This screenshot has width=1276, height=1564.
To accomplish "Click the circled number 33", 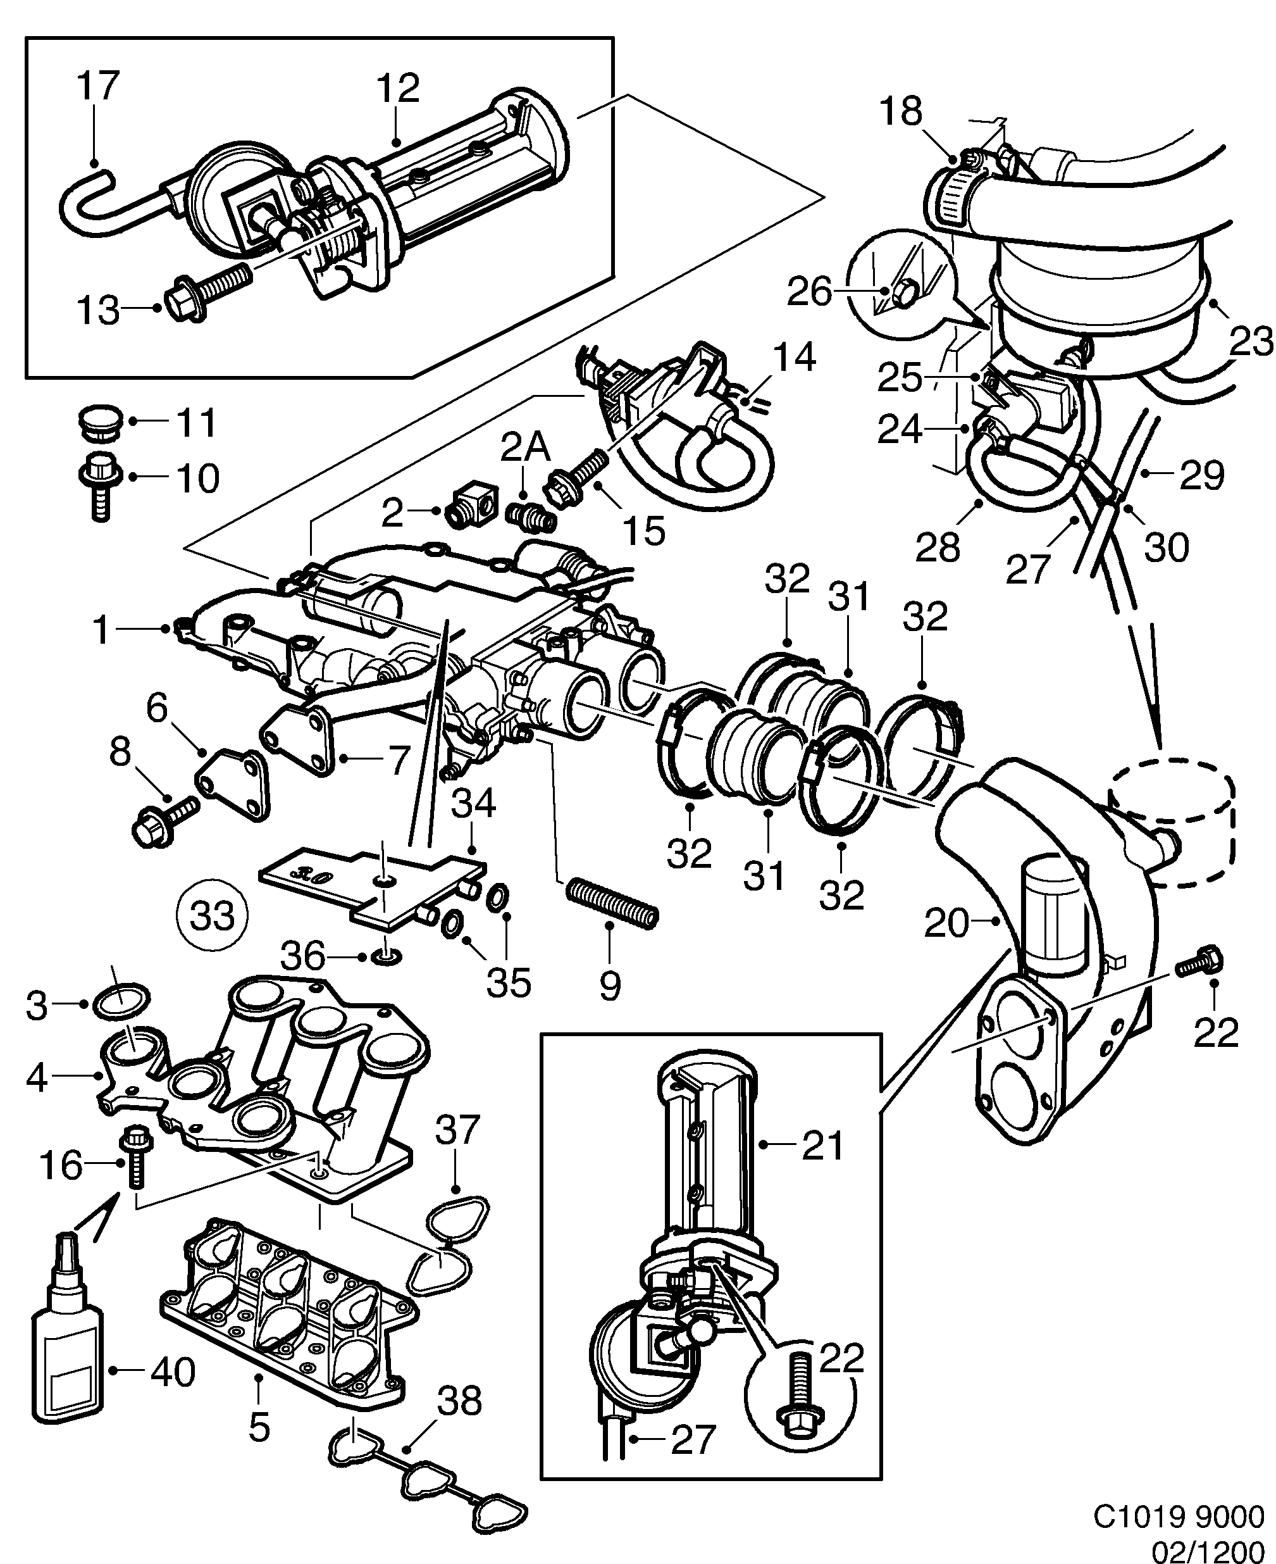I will (213, 915).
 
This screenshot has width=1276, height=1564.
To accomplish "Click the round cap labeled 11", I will (98, 422).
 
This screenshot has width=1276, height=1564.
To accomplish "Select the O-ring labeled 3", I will (122, 1001).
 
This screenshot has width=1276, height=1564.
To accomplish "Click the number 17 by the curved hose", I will (98, 86).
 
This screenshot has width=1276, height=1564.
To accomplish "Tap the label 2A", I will (526, 447).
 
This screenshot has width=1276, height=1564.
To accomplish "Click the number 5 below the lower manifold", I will (259, 1427).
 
